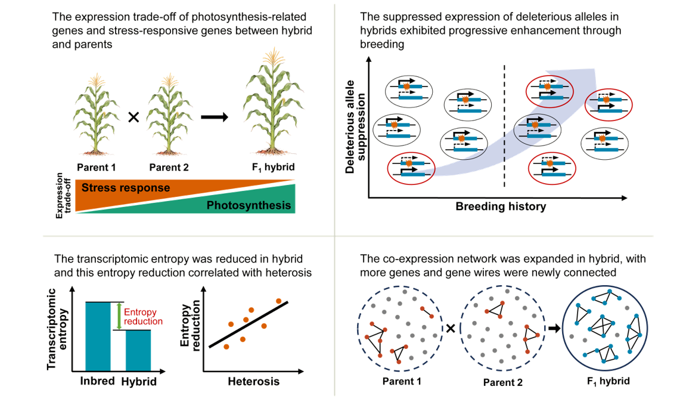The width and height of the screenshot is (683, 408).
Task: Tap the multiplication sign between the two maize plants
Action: click(x=134, y=118)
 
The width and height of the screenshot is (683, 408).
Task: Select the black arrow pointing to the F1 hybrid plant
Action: click(x=214, y=117)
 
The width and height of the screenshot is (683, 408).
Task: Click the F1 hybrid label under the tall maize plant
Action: click(x=270, y=168)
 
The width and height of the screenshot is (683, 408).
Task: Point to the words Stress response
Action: click(x=126, y=188)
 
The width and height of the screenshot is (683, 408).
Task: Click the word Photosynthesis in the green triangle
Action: click(x=249, y=206)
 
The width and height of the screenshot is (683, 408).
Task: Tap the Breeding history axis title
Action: click(x=501, y=207)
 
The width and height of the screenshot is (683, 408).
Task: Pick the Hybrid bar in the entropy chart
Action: click(x=138, y=351)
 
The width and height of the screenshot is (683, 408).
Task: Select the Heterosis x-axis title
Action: click(x=253, y=381)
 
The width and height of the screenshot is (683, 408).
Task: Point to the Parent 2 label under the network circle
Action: click(x=503, y=382)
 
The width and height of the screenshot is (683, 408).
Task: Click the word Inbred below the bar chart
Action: click(x=98, y=381)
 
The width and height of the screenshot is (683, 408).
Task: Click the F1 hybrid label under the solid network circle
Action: click(x=609, y=381)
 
